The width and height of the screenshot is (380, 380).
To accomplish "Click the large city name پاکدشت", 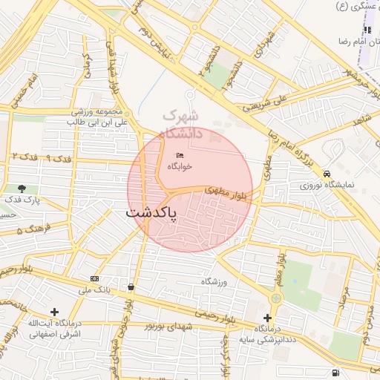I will click(152, 212).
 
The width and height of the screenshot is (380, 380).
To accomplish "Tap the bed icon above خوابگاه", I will click(180, 155).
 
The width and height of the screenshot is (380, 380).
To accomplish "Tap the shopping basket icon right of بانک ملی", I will click(131, 286).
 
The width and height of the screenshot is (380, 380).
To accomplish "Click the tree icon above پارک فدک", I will click(22, 189).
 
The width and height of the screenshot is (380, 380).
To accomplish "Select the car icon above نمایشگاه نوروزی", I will click(327, 173).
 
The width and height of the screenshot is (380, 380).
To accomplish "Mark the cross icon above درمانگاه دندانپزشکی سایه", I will click(267, 318).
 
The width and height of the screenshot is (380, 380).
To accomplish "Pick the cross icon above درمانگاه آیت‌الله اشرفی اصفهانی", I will click(53, 312).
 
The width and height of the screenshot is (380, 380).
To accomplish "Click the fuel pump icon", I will click(337, 373).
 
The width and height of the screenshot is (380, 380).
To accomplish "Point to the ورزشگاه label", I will click(214, 282).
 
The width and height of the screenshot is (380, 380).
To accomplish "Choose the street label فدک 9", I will click(59, 159).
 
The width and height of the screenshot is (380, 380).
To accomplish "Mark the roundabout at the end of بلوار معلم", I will click(276, 298).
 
